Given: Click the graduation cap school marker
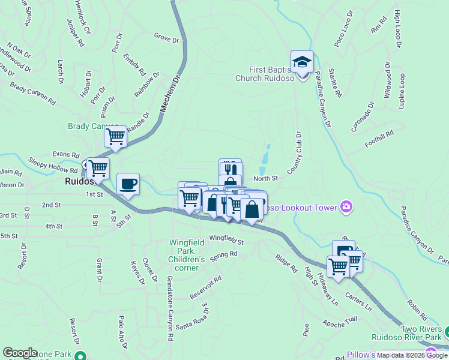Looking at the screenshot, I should (302, 62).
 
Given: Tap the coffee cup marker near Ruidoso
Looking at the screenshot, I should (127, 184).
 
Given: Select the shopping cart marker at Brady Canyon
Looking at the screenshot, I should (115, 137).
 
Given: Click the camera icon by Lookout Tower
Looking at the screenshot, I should (346, 208).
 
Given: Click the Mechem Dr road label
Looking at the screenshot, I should (170, 95).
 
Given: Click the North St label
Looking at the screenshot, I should (265, 178).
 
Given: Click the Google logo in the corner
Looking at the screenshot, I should (20, 353).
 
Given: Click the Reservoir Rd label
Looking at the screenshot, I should (206, 287).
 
